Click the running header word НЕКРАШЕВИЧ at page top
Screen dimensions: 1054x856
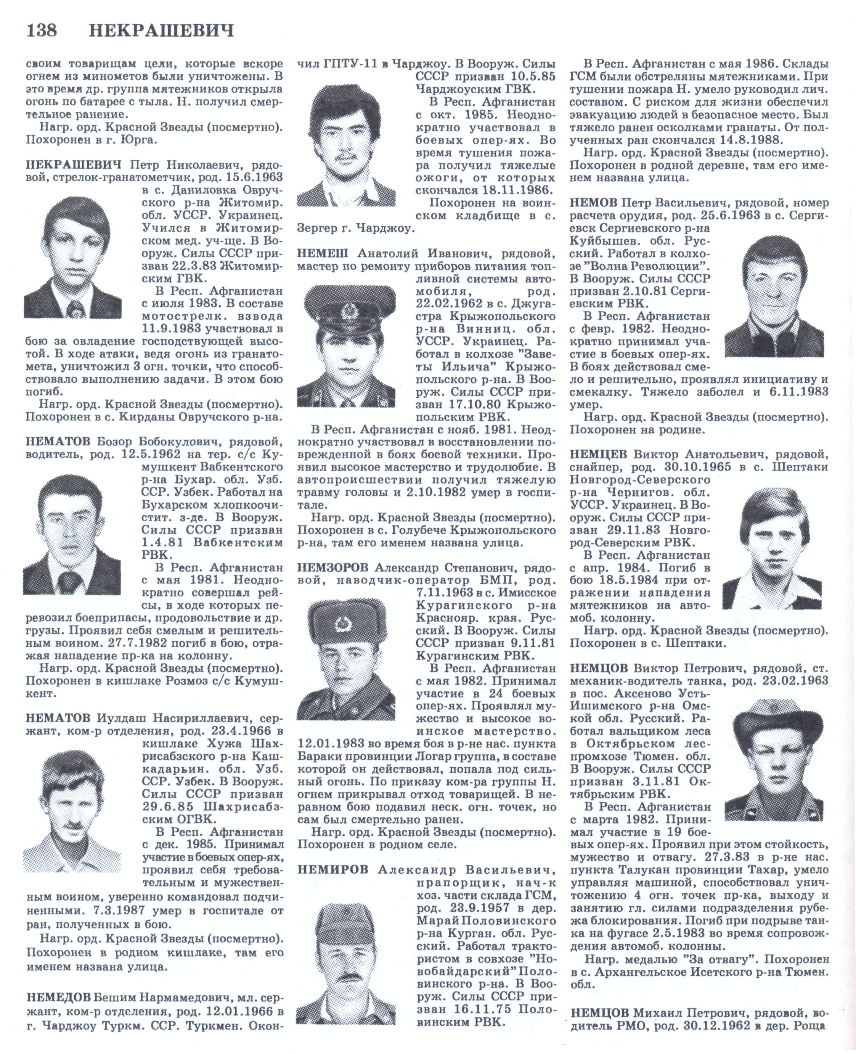pyautogui.click(x=161, y=31)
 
